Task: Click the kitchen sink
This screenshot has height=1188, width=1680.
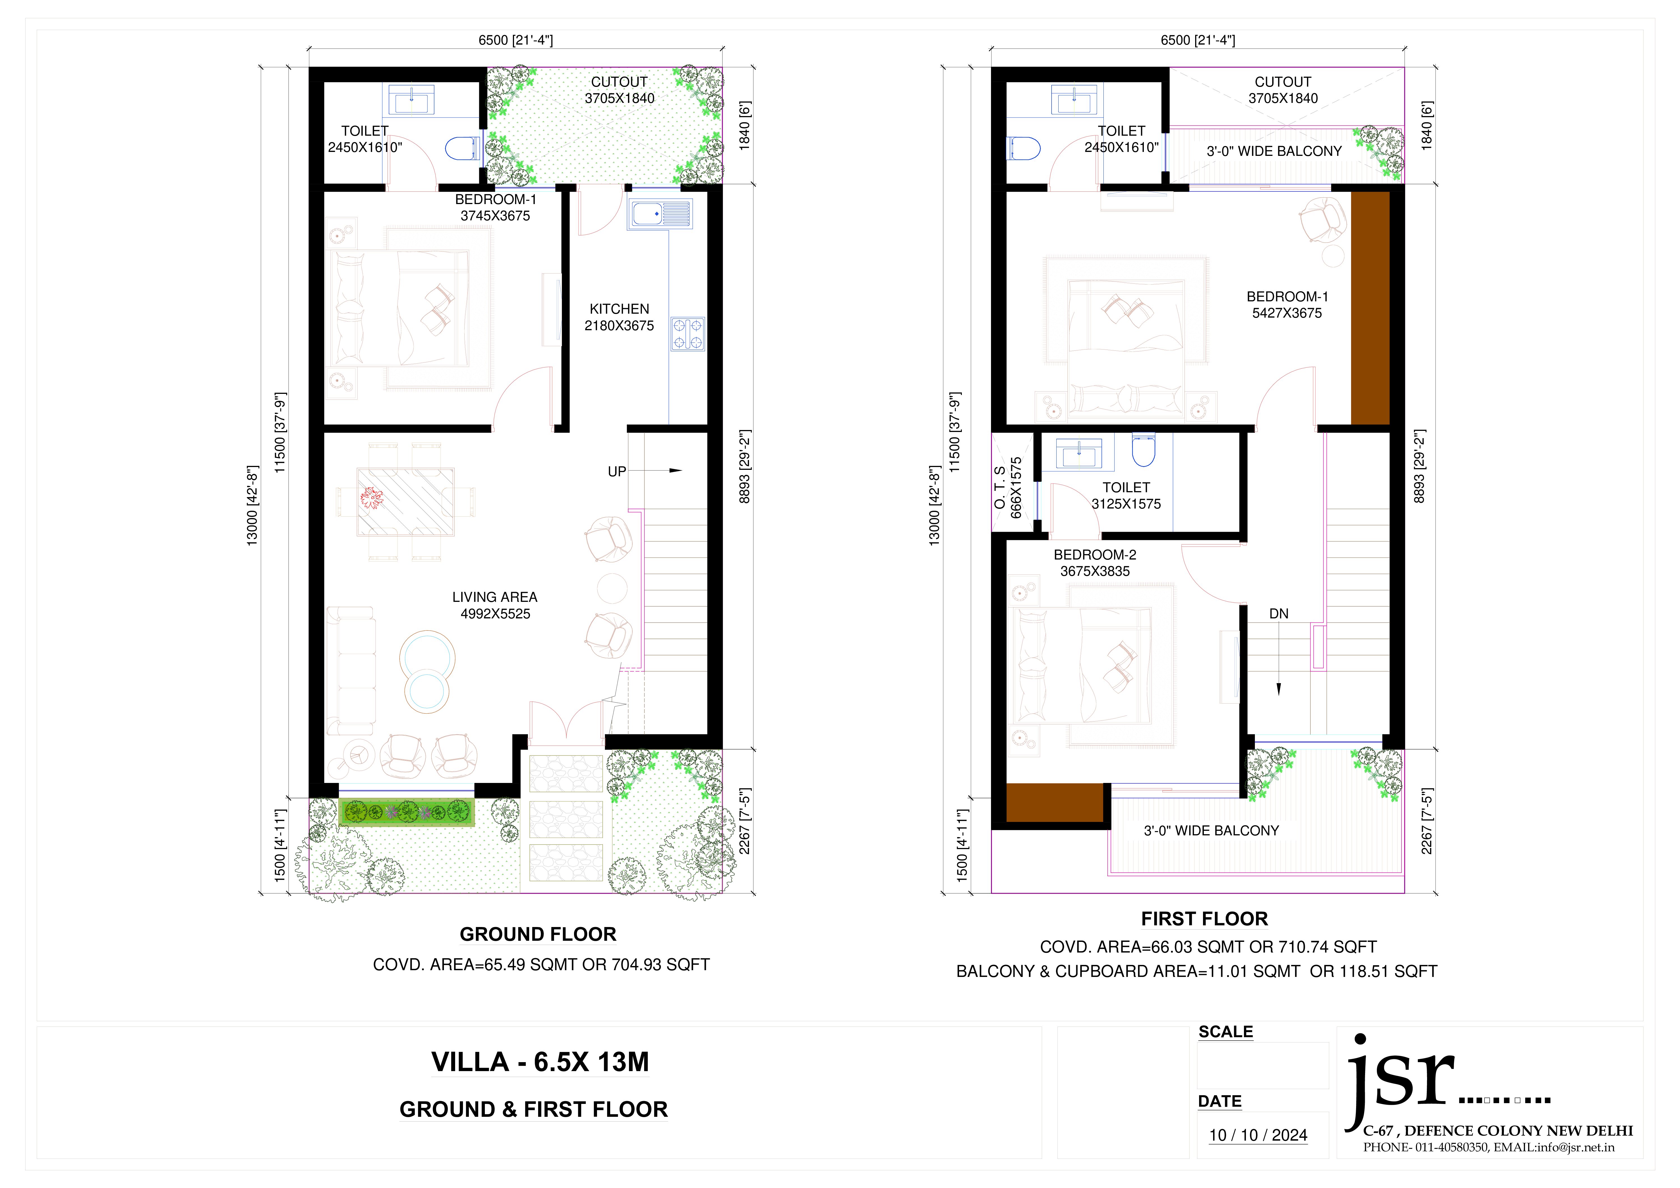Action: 659,214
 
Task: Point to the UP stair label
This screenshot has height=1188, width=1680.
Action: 617,472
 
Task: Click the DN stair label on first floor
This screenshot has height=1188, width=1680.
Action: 1278,614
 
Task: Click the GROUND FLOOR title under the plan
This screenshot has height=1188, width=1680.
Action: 538,934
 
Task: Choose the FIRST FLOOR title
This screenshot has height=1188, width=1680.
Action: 1204,919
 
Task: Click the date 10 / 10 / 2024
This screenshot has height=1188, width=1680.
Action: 1258,1135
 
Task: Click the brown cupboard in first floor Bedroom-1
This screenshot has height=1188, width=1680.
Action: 1370,308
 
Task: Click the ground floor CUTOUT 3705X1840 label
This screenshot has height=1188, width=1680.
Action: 619,90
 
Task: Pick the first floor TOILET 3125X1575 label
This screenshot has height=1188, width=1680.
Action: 1126,495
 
